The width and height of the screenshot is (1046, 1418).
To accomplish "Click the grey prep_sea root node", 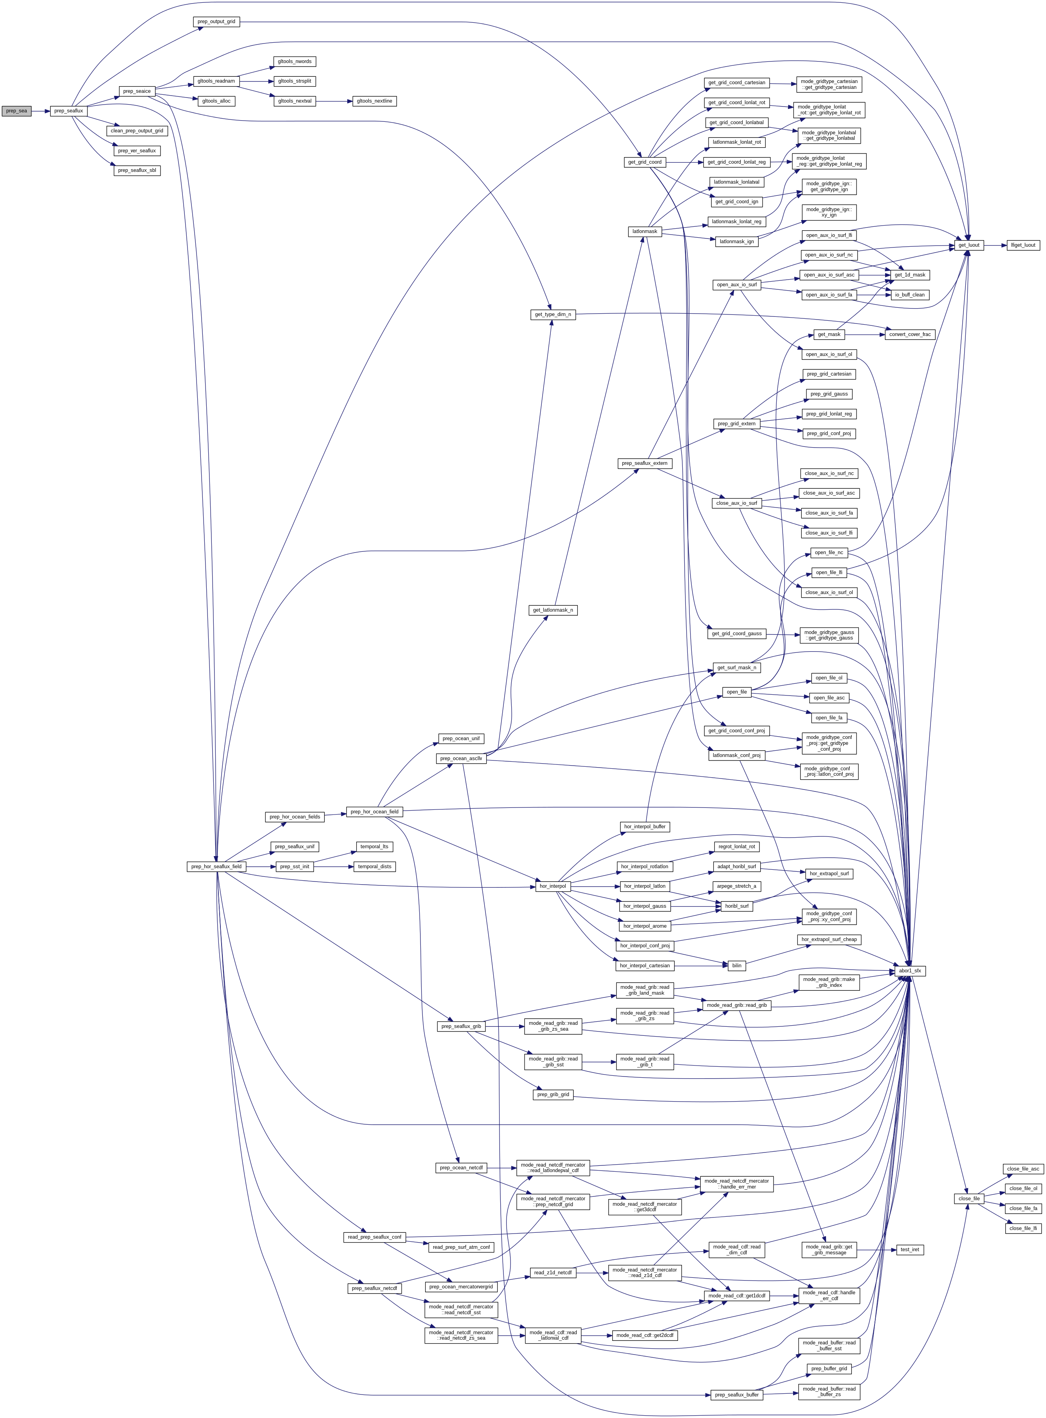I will click(x=16, y=111).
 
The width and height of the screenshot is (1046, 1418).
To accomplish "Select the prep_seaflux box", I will click(x=69, y=111).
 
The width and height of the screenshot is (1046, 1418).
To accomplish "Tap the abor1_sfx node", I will click(x=910, y=970).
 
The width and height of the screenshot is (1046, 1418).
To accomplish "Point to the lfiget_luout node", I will click(x=1023, y=245).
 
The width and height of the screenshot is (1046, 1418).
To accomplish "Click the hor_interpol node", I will click(x=552, y=886).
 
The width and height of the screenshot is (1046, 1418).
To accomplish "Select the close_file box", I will click(x=969, y=1198).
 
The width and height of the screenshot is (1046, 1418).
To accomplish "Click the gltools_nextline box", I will click(x=374, y=101).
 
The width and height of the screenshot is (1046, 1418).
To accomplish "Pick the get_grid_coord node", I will click(x=645, y=162).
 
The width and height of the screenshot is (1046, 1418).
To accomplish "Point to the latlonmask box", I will click(x=645, y=231).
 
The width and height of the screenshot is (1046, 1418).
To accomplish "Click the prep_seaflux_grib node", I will click(x=461, y=1026).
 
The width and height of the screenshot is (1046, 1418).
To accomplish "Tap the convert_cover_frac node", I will click(x=909, y=334).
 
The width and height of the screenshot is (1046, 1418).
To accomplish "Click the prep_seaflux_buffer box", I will click(x=736, y=1395).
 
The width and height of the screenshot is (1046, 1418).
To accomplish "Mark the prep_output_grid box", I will click(x=216, y=22).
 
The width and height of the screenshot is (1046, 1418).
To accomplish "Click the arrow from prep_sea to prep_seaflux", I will click(x=41, y=111).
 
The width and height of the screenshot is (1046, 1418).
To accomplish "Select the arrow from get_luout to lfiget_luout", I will click(x=996, y=245).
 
